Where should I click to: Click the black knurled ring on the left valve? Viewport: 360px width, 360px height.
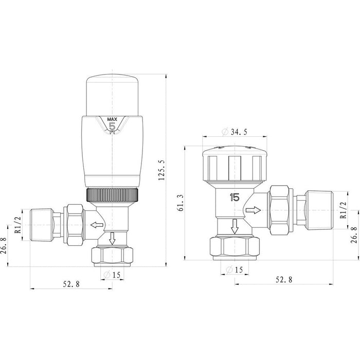(x=112, y=195)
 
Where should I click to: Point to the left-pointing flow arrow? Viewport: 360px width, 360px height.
(x=95, y=225)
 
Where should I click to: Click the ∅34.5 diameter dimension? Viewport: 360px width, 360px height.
(x=235, y=132)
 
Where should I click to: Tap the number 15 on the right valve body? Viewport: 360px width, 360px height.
(x=235, y=196)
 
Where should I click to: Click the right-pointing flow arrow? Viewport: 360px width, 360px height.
(x=253, y=210)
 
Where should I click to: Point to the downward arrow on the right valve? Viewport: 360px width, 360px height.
(x=235, y=226)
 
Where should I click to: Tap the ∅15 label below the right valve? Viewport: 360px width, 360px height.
(x=235, y=269)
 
